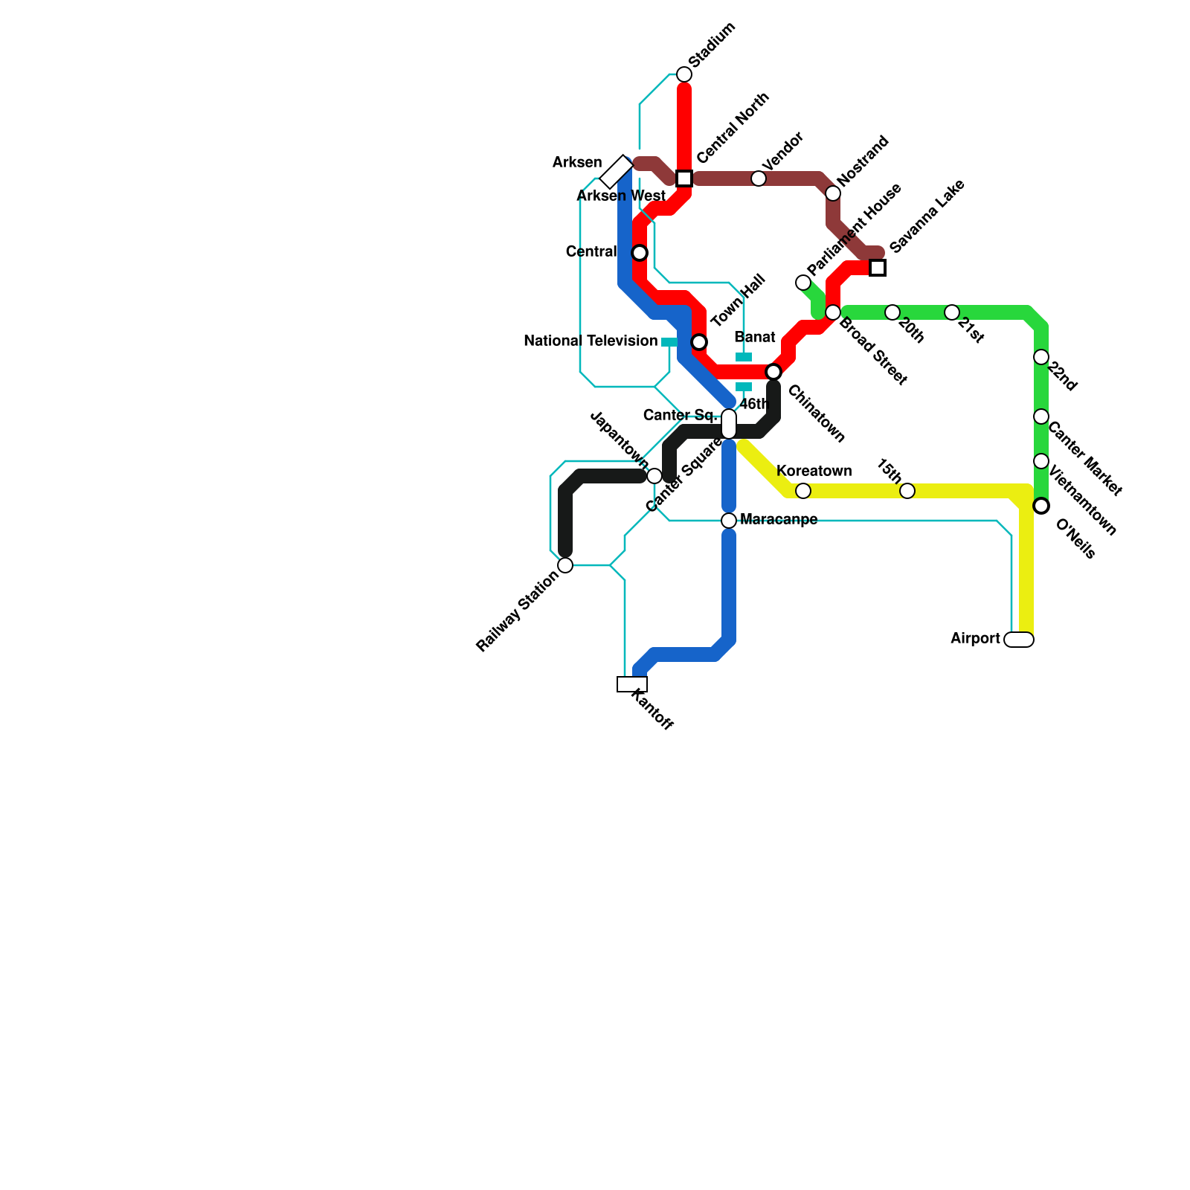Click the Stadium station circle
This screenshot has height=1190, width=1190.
click(x=684, y=74)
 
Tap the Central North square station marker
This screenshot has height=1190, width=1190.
click(x=684, y=178)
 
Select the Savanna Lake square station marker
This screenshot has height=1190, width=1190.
click(x=878, y=268)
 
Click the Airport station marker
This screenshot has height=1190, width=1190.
click(x=1019, y=640)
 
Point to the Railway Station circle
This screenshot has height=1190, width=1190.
click(x=565, y=565)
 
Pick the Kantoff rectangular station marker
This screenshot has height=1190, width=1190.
click(x=632, y=684)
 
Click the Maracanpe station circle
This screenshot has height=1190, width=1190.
click(x=729, y=521)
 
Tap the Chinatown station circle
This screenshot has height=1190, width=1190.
click(x=773, y=372)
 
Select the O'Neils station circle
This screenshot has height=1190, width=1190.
click(x=1041, y=506)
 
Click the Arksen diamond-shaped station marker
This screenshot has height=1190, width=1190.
click(x=617, y=172)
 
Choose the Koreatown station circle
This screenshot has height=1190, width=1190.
click(x=803, y=491)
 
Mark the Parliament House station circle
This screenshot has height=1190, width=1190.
click(x=803, y=283)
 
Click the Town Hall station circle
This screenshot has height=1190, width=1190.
click(x=699, y=342)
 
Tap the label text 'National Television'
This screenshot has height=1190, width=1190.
click(x=591, y=341)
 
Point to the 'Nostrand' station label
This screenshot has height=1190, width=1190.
click(x=863, y=161)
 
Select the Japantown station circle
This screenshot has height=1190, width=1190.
click(x=654, y=476)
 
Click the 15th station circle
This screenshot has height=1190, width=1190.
click(x=907, y=491)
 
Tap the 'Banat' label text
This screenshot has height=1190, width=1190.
click(x=755, y=338)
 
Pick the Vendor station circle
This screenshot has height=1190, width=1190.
click(x=759, y=178)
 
